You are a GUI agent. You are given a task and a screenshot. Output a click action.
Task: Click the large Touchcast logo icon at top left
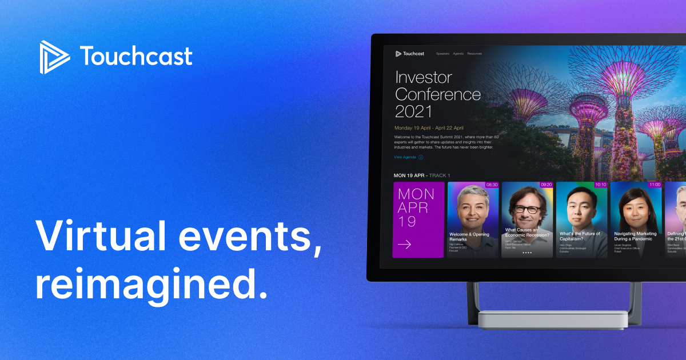[x=54, y=57]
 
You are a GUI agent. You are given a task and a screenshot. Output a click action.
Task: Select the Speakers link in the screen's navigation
[x=442, y=54]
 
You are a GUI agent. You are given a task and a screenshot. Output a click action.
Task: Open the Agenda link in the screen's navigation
[x=458, y=54]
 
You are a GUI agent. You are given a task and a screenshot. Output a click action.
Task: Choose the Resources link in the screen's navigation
[x=474, y=54]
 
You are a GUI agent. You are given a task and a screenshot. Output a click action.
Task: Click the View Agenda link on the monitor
[x=405, y=157]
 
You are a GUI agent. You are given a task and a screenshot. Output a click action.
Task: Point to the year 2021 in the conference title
[x=413, y=111]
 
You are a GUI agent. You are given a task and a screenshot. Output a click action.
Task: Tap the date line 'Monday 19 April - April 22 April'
[x=429, y=127]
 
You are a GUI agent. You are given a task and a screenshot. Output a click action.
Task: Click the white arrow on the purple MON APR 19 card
[x=404, y=244]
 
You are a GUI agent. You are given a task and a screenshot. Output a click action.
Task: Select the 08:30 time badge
[x=492, y=185]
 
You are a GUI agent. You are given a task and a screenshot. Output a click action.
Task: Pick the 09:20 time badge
[x=546, y=185]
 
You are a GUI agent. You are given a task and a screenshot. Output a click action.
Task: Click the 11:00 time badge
[x=655, y=185]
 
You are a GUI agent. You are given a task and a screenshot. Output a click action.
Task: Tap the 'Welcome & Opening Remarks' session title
[x=469, y=237]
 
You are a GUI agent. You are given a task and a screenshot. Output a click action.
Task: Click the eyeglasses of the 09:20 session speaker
[x=527, y=210]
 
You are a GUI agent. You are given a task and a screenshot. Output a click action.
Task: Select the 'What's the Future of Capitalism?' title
[x=580, y=237]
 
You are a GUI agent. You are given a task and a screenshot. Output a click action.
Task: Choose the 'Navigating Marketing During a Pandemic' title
[x=635, y=237]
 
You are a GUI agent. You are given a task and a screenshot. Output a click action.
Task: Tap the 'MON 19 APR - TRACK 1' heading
[x=422, y=175]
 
